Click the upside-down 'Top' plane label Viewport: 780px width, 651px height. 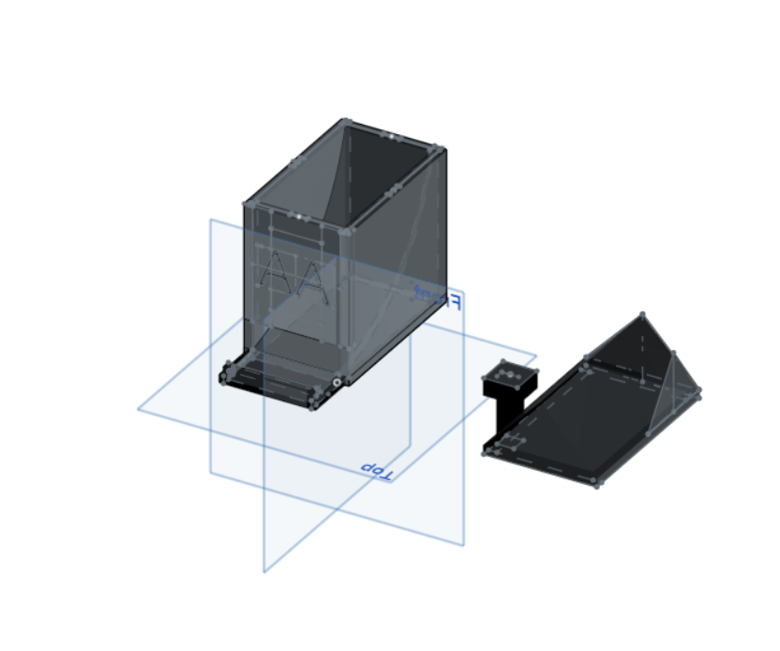(x=376, y=468)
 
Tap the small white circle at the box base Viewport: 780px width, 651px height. (x=336, y=383)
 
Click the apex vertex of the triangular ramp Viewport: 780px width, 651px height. (x=642, y=314)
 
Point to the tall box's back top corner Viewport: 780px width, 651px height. (x=346, y=120)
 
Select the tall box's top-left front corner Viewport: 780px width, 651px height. (x=247, y=203)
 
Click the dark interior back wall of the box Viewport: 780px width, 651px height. (x=375, y=169)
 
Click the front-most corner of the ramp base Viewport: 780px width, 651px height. (x=595, y=484)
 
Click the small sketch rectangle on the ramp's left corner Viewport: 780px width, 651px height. (x=511, y=442)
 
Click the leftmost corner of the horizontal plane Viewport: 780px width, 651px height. (x=139, y=409)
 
